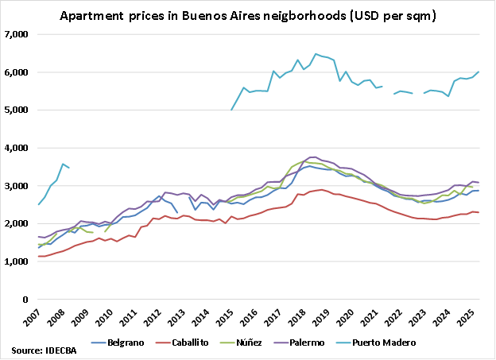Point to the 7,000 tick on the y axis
pyautogui.click(x=17, y=34)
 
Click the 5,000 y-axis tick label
pyautogui.click(x=17, y=110)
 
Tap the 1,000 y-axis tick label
pyautogui.click(x=17, y=262)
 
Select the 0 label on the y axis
pyautogui.click(x=26, y=300)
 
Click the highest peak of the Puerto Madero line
pyautogui.click(x=316, y=54)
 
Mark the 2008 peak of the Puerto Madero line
pyautogui.click(x=63, y=164)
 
